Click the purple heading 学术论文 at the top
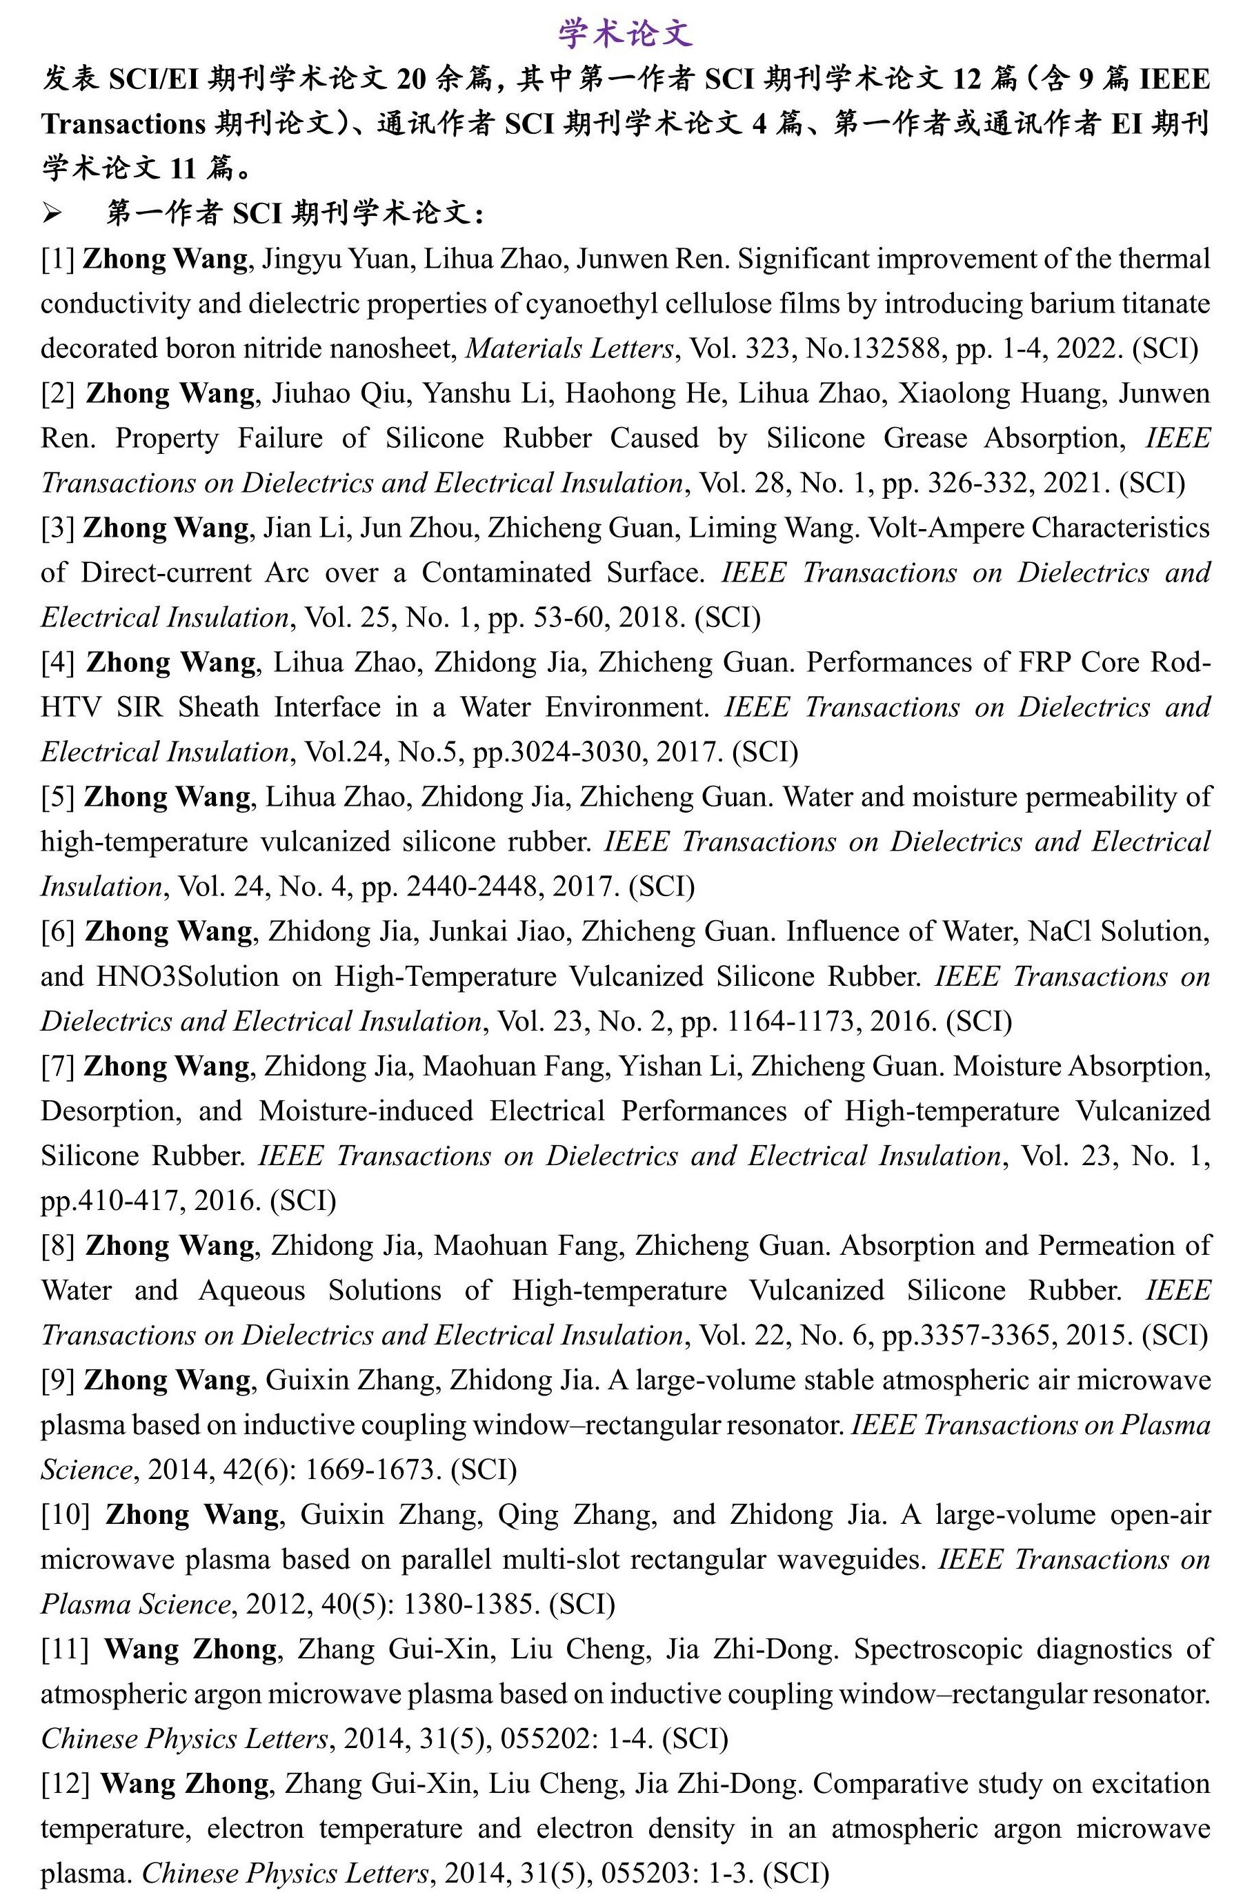click(625, 33)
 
